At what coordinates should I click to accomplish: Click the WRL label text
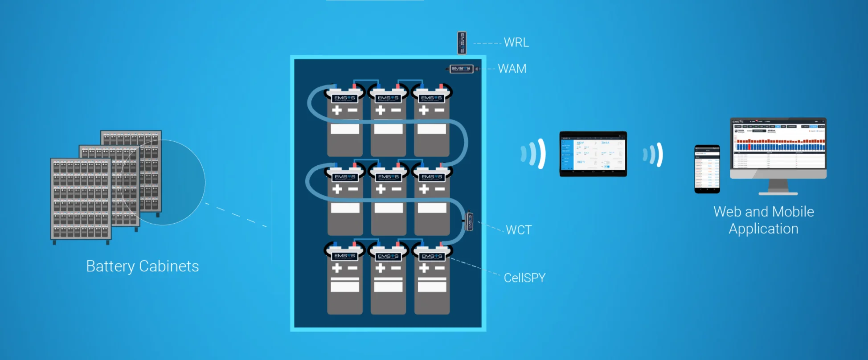click(516, 42)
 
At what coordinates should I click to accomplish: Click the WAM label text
click(512, 69)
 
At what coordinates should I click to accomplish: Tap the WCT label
click(519, 230)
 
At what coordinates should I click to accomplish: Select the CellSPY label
click(524, 278)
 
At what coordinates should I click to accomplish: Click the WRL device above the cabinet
click(462, 43)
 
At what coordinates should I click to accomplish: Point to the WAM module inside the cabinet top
click(461, 69)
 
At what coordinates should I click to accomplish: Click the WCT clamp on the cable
click(469, 221)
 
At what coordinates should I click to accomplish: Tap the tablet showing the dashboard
click(593, 154)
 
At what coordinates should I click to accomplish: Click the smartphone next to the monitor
click(707, 169)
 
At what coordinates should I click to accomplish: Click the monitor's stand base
click(778, 193)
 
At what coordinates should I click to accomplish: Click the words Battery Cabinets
click(143, 266)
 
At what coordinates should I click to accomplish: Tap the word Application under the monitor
click(763, 229)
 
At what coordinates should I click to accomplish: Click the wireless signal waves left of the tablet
click(534, 154)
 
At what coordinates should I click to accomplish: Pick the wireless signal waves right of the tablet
click(653, 155)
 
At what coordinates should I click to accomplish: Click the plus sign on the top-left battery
click(337, 110)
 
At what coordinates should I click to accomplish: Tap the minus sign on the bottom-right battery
click(439, 268)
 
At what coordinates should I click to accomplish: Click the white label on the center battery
click(389, 208)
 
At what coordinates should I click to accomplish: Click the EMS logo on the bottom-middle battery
click(389, 256)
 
